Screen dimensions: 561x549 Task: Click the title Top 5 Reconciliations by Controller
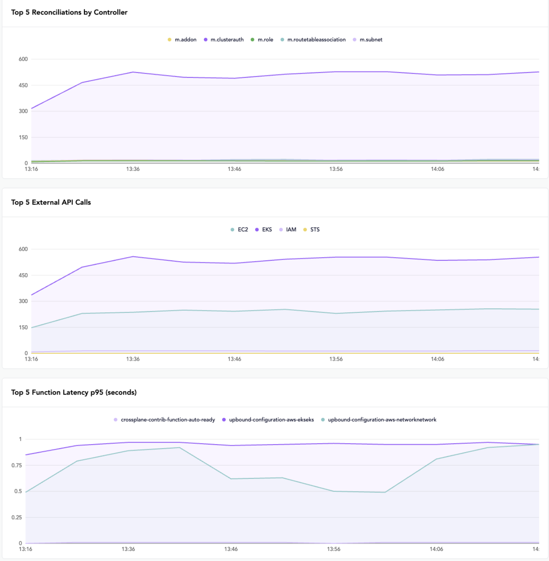[69, 12]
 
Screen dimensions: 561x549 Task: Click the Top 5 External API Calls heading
[51, 202]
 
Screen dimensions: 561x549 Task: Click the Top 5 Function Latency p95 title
[74, 393]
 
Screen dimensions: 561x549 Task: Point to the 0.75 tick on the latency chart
[17, 465]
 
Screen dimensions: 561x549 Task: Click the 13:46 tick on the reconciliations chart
[235, 169]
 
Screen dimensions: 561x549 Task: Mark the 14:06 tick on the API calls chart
[438, 359]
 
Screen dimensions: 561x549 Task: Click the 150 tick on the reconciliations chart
[23, 137]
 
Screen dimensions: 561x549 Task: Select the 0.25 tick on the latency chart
[17, 517]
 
